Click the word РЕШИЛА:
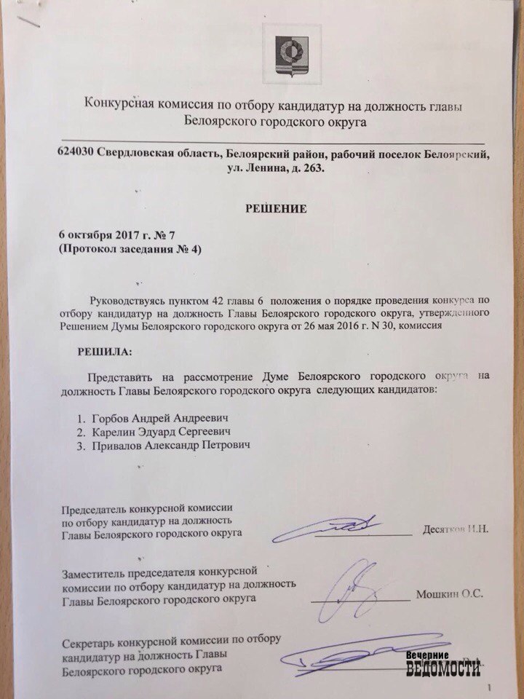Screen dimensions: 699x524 click(x=106, y=352)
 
